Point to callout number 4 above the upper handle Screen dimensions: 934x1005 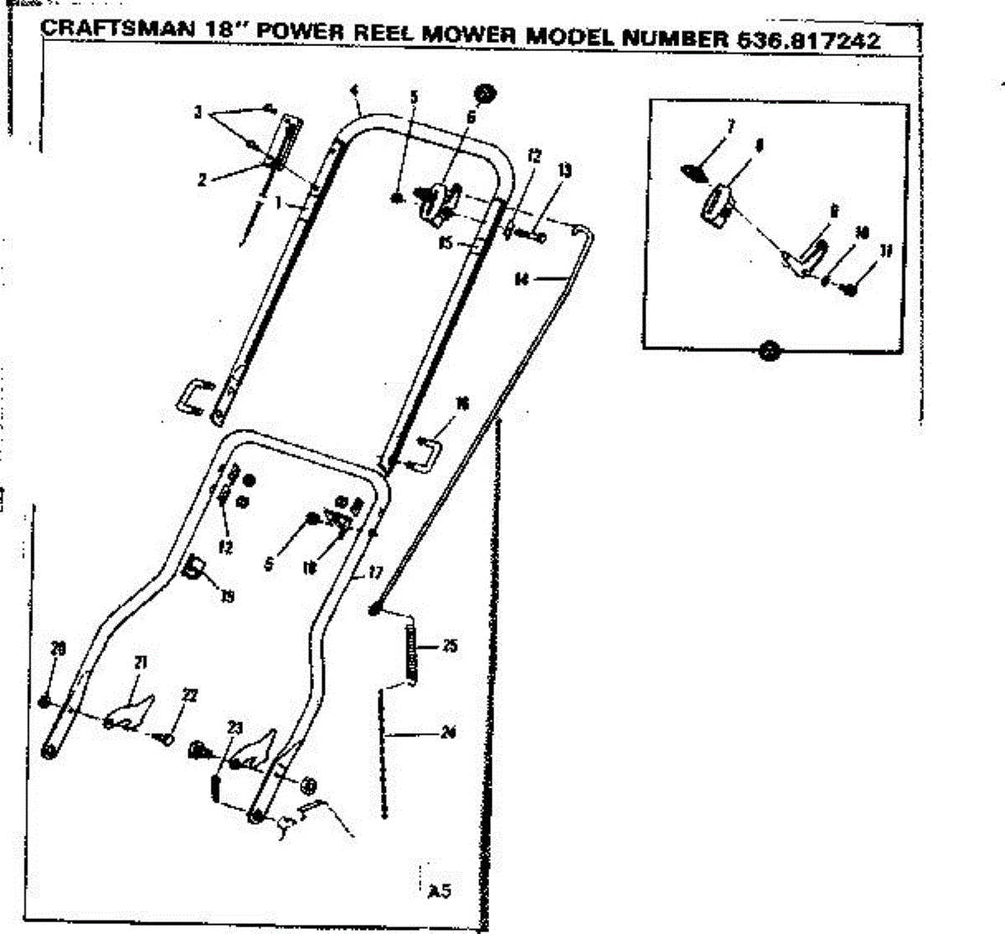[354, 90]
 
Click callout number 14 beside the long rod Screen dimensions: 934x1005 [522, 281]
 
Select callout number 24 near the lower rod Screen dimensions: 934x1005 [449, 733]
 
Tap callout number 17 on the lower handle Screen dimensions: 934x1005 [374, 574]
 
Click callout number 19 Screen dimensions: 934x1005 [227, 596]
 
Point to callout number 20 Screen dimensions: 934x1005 [58, 648]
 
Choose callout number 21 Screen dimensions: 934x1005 [140, 663]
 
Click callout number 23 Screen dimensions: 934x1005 [234, 727]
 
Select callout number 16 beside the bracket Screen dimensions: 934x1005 [461, 405]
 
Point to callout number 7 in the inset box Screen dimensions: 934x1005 [730, 127]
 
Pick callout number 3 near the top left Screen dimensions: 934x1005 [198, 112]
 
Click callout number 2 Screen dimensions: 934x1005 [202, 178]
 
